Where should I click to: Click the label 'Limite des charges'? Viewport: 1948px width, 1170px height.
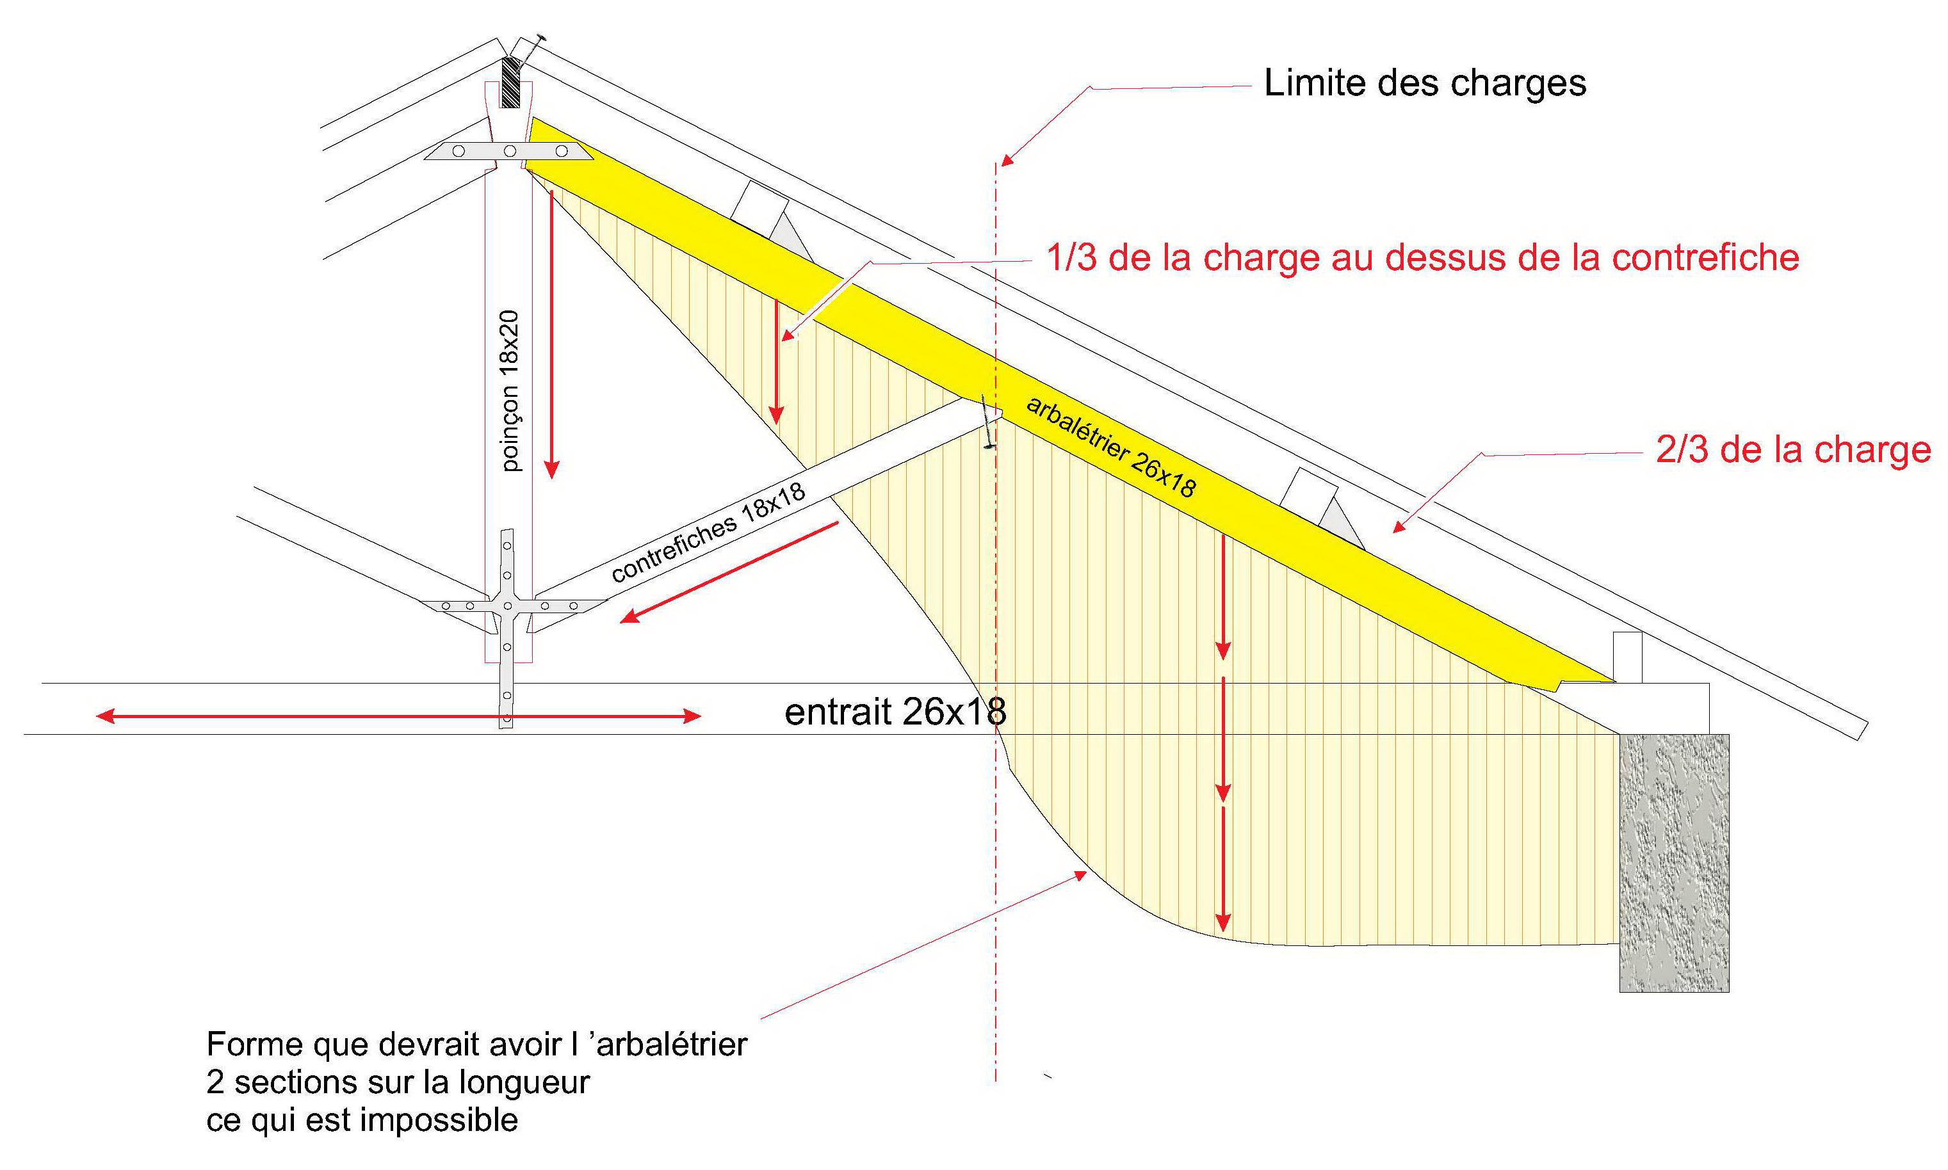(x=1424, y=83)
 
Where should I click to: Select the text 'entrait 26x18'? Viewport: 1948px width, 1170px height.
(x=895, y=712)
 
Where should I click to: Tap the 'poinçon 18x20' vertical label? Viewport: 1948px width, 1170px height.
(x=510, y=391)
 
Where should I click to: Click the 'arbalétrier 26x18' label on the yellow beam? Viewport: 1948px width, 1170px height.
(x=1111, y=446)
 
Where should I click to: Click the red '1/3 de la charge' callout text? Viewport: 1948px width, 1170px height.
(x=1423, y=258)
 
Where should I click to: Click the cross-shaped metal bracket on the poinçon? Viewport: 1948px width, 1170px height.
(x=508, y=606)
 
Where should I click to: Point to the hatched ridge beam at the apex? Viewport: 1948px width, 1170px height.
(x=511, y=82)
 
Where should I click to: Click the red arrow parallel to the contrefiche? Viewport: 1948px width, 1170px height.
(x=729, y=572)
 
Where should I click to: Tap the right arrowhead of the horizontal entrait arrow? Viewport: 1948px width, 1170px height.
(x=692, y=716)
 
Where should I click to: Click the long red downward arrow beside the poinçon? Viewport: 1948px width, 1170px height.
(x=552, y=333)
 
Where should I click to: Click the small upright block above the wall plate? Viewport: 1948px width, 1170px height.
(x=1627, y=657)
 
